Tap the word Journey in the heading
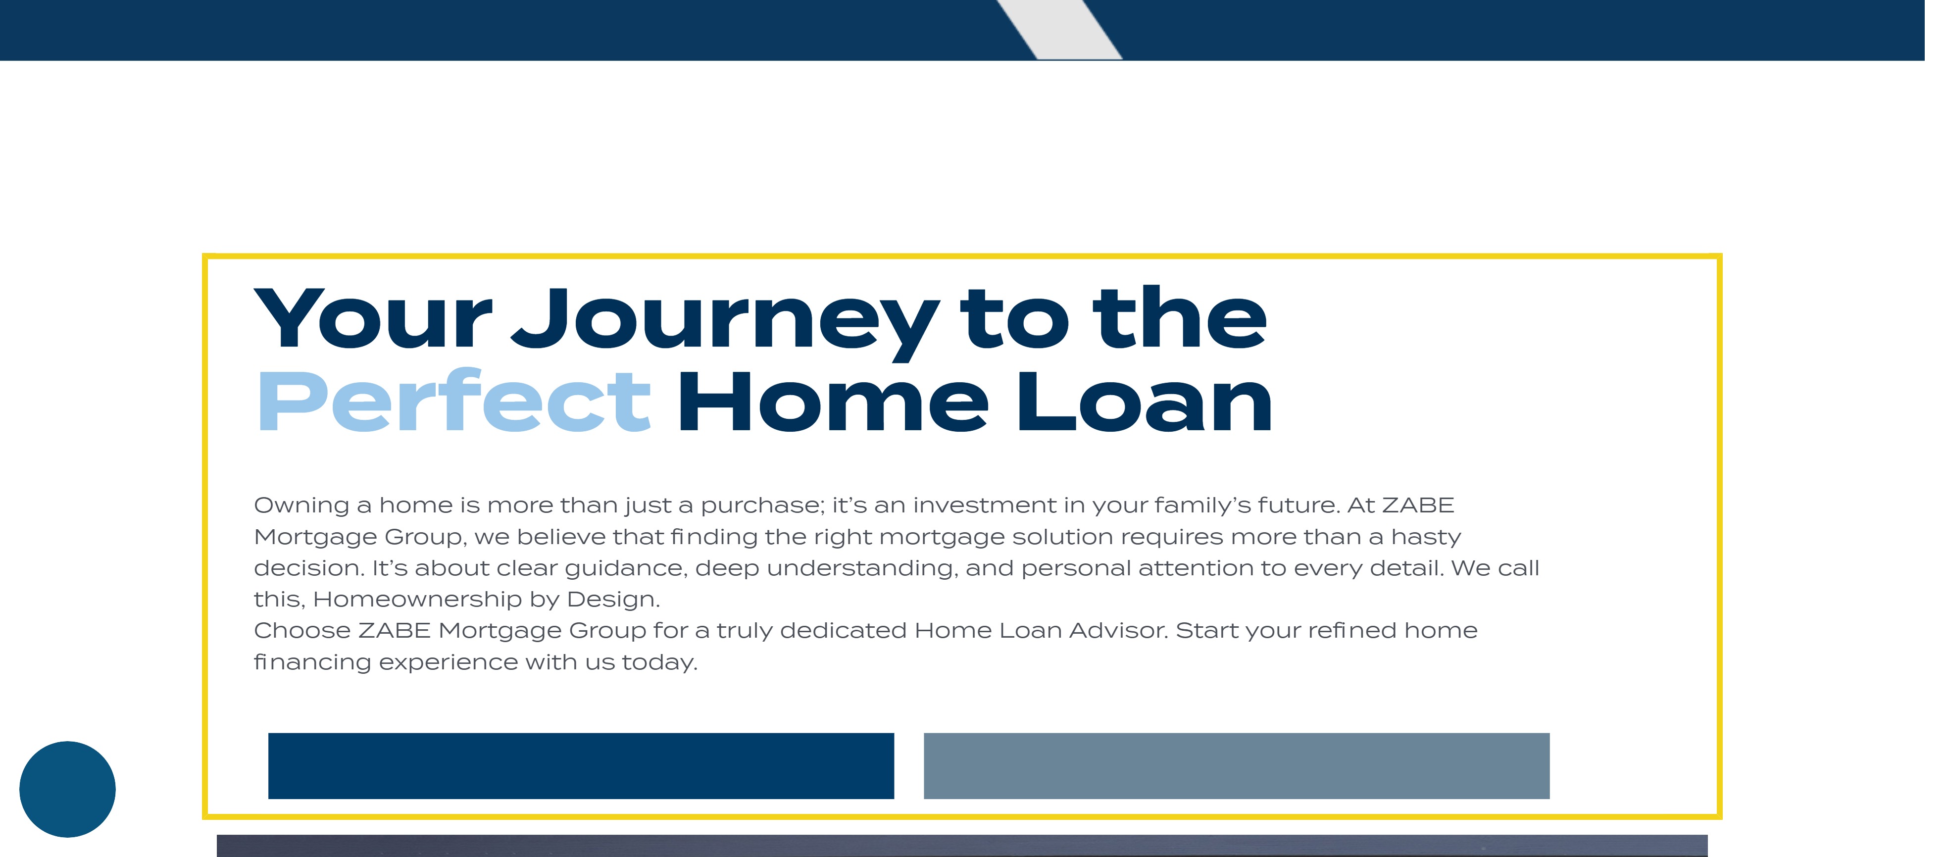[726, 323]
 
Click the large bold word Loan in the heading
[1145, 402]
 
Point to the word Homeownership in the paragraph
[417, 599]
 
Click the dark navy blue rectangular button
[581, 765]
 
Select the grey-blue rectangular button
[1237, 765]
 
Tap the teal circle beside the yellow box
[67, 789]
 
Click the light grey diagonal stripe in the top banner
[1060, 30]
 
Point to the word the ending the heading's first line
[1180, 318]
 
